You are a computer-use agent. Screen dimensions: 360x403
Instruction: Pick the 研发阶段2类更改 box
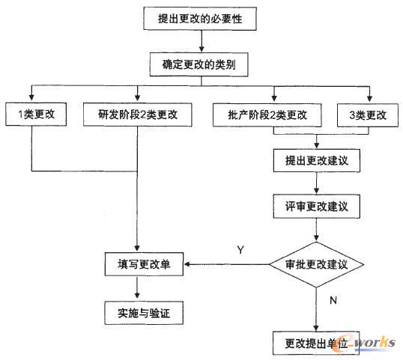[138, 116]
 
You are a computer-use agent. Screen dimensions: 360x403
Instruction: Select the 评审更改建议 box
[317, 204]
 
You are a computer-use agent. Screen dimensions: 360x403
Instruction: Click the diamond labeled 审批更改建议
[318, 263]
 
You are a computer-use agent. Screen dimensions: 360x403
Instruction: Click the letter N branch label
[333, 300]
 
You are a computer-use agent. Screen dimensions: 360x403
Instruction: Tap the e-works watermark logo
[368, 341]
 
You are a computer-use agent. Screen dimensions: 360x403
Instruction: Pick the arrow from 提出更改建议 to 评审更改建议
[317, 182]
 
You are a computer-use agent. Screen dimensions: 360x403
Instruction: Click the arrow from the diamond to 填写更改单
[225, 263]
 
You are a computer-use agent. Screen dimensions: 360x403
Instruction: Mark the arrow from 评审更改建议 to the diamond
[317, 228]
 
